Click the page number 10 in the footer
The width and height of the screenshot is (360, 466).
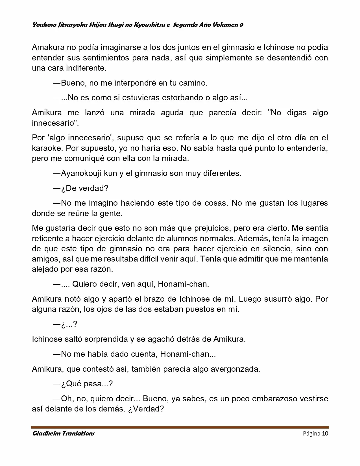[x=325, y=434]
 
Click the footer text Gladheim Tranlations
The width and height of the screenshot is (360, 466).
[x=63, y=434]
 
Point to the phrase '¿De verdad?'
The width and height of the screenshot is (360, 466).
[x=84, y=188]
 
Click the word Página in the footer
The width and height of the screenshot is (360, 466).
[x=311, y=434]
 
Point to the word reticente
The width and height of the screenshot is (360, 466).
[x=47, y=238]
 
